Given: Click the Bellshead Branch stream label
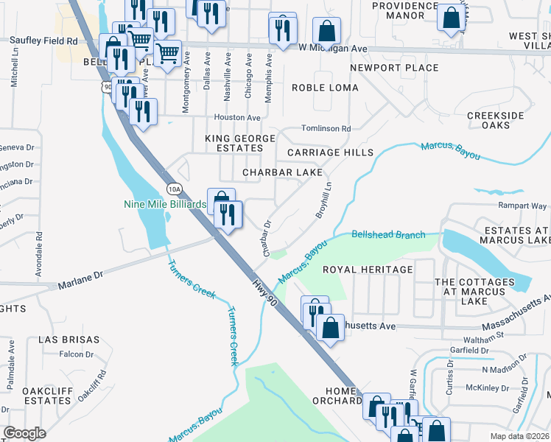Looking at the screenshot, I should coord(388,235).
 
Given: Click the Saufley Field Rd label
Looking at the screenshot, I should coord(41,42).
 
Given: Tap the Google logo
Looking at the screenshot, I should coord(25,433).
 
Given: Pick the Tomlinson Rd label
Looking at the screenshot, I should coord(325,128).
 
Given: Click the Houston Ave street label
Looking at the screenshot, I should coord(237,117).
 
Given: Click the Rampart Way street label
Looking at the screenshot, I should coord(523,206).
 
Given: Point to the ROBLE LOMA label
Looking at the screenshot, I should coord(325,88).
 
